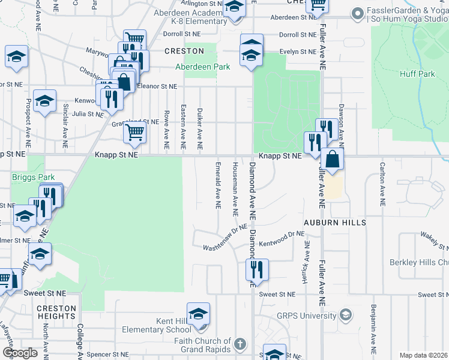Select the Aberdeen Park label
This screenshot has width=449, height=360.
coord(202,67)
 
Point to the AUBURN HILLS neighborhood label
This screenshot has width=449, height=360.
coord(334,223)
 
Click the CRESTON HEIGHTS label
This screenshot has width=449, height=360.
coord(56,313)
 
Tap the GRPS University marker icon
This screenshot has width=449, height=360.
coord(346,315)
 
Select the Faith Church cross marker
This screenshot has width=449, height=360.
coord(240,344)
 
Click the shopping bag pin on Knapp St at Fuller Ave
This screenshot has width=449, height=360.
coord(332,160)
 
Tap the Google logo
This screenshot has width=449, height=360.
coord(20,352)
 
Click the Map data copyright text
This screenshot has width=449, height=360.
coord(423,355)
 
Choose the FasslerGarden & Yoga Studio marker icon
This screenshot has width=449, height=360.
coord(358,13)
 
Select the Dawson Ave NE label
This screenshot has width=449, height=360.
coord(340,123)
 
